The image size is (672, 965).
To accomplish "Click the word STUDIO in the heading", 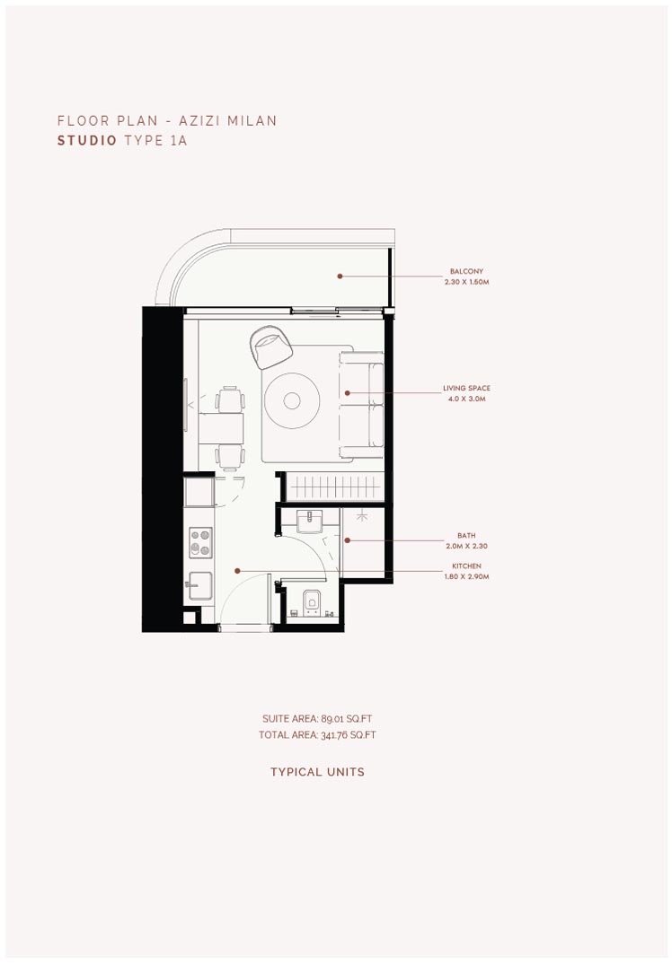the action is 87,141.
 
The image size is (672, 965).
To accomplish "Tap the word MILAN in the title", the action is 252,120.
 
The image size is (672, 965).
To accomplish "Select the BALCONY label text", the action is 466,271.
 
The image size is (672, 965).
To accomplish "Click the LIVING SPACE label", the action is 466,389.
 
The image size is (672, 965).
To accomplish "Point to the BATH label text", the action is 466,536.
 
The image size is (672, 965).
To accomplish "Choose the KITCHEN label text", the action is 466,566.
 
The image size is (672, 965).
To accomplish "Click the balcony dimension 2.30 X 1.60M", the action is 466,282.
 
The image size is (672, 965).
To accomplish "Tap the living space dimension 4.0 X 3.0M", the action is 466,399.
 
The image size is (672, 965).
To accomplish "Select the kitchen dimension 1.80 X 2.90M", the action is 466,576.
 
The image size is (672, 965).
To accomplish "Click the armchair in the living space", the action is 271,347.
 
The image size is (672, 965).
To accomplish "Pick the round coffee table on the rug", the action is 292,400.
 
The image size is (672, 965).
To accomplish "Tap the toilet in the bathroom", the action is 312,602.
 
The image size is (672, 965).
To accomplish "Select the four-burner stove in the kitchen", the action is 201,543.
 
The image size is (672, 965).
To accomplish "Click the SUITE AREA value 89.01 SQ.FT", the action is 347,719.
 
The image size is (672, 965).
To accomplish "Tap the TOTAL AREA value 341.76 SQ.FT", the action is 348,735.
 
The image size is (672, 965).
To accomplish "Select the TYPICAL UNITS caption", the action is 317,772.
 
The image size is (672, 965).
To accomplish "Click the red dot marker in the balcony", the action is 340,276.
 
